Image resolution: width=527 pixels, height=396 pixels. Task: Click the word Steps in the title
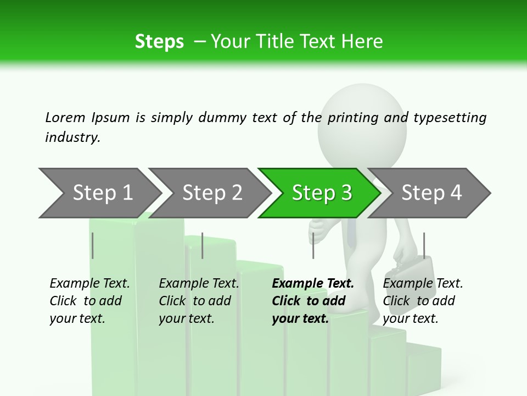[159, 41]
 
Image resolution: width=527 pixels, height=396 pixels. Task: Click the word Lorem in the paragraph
[65, 117]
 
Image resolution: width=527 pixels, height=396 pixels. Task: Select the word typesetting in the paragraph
[450, 118]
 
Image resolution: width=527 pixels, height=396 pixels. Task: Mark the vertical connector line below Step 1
[93, 245]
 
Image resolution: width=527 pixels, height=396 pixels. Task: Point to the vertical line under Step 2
[203, 245]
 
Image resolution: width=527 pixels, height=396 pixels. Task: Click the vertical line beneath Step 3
[313, 245]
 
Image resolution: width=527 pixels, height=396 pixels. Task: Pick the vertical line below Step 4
[424, 245]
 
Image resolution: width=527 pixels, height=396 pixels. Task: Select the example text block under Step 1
[89, 301]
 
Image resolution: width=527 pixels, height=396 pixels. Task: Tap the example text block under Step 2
[199, 301]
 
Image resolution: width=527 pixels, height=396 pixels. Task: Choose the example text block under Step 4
[423, 301]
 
